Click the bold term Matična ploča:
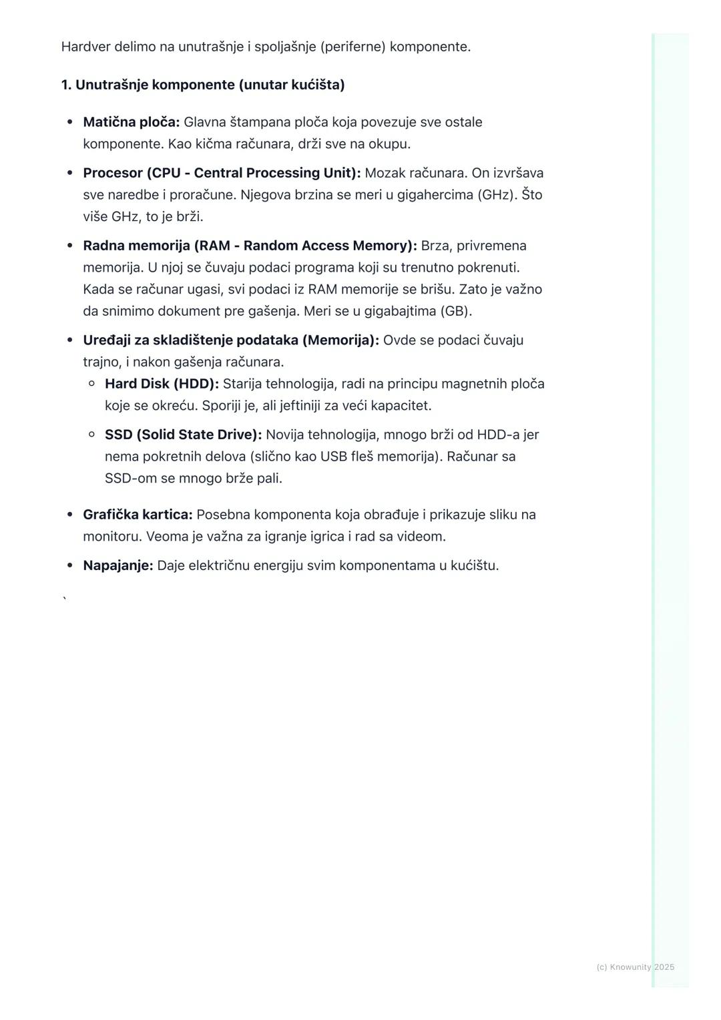pyautogui.click(x=131, y=122)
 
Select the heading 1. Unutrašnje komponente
pyautogui.click(x=202, y=85)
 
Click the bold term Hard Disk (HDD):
pyautogui.click(x=162, y=384)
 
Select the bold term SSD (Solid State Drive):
pyautogui.click(x=183, y=435)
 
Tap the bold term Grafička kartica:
pyautogui.click(x=138, y=515)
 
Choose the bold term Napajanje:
pyautogui.click(x=117, y=565)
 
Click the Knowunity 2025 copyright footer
pyautogui.click(x=635, y=967)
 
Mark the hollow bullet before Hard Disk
pyautogui.click(x=92, y=383)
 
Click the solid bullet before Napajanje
pyautogui.click(x=69, y=565)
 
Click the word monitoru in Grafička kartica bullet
pyautogui.click(x=112, y=536)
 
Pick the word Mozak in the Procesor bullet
pyautogui.click(x=385, y=173)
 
